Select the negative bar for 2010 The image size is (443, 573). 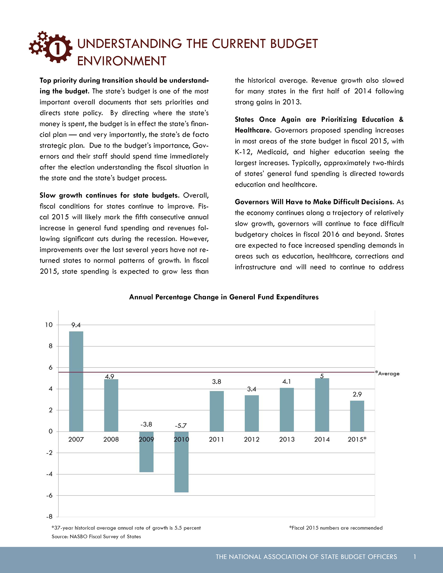pyautogui.click(x=181, y=462)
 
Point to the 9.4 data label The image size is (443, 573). pyautogui.click(x=76, y=325)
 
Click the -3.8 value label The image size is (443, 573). pyautogui.click(x=146, y=425)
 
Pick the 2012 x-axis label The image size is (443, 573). pyautogui.click(x=251, y=439)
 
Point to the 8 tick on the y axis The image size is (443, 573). pyautogui.click(x=51, y=346)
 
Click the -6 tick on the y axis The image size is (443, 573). pyautogui.click(x=49, y=496)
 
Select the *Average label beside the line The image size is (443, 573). pyautogui.click(x=388, y=373)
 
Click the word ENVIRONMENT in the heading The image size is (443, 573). pyautogui.click(x=122, y=61)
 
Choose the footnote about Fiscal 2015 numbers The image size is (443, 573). pyautogui.click(x=336, y=528)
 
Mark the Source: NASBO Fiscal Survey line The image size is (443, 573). pyautogui.click(x=96, y=537)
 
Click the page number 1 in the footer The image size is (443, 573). pyautogui.click(x=415, y=557)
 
